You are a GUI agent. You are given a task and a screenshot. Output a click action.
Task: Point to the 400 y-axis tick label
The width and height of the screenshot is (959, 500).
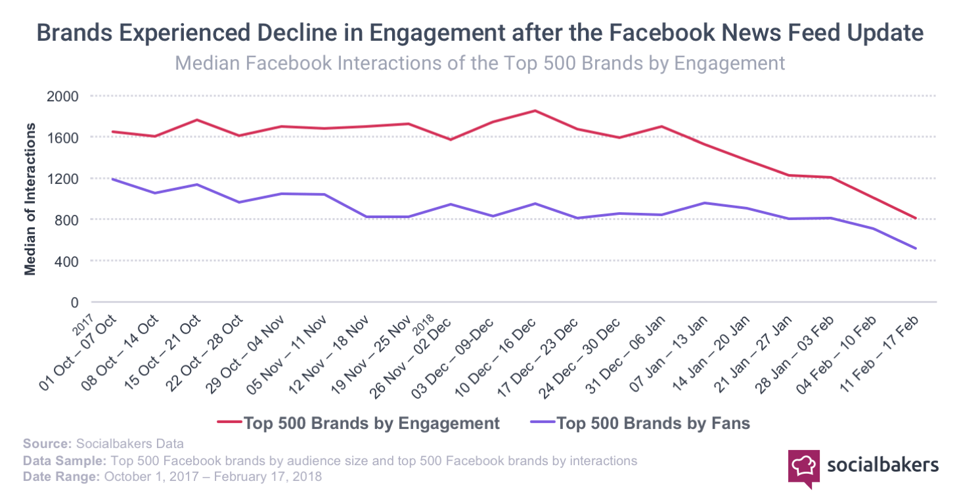[68, 261]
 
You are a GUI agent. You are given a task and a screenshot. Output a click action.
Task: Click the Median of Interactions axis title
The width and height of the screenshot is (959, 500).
[30, 199]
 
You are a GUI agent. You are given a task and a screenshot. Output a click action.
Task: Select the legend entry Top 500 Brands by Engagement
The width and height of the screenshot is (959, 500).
[371, 422]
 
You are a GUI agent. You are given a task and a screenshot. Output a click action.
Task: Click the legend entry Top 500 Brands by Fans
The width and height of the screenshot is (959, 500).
[653, 422]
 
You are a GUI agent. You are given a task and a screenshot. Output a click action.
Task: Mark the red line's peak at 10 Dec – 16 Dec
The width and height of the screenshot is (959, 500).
[535, 110]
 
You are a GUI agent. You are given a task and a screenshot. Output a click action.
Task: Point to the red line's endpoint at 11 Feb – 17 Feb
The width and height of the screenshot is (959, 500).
[916, 218]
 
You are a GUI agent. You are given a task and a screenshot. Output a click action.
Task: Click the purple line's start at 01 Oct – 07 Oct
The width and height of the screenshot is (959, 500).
[112, 179]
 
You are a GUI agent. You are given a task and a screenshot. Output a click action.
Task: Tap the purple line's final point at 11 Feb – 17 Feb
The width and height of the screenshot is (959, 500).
[916, 248]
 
